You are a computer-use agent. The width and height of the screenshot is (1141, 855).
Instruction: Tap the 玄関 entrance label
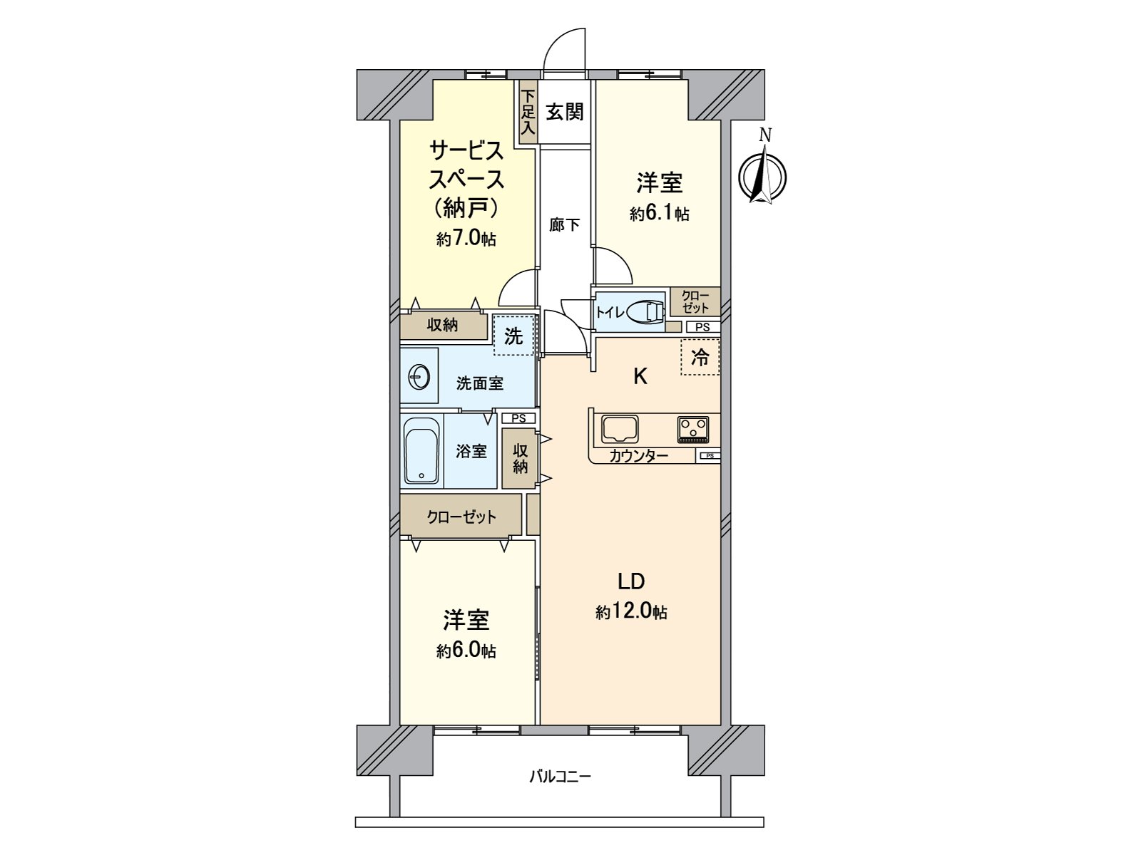point(565,112)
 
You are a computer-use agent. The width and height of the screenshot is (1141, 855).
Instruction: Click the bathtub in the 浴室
point(421,450)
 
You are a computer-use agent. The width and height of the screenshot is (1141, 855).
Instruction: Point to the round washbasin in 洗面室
point(419,375)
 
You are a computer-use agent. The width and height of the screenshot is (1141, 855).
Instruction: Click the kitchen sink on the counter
point(620,429)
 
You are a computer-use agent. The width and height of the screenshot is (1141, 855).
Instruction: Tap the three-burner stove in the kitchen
point(692,429)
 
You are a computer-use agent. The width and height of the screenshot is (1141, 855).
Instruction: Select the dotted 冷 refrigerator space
point(700,358)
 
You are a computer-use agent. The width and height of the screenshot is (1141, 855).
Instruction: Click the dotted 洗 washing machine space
point(513,336)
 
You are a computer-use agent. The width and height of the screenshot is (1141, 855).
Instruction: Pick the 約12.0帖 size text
point(631,611)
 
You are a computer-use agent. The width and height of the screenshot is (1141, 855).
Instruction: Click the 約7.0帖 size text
point(466,239)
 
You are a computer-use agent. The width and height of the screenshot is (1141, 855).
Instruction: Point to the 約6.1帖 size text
point(659,213)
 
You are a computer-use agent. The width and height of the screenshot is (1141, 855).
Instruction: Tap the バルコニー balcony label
point(560,777)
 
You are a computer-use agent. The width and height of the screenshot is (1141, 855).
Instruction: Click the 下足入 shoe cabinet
point(528,113)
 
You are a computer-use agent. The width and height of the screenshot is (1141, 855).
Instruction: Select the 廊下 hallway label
point(565,225)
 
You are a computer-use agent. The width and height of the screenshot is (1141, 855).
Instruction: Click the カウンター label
point(638,457)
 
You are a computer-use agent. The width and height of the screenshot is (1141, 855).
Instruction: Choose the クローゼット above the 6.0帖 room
point(461,517)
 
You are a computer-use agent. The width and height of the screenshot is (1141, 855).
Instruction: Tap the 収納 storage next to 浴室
point(520,458)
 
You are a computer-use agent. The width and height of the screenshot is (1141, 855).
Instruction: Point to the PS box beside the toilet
point(702,327)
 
